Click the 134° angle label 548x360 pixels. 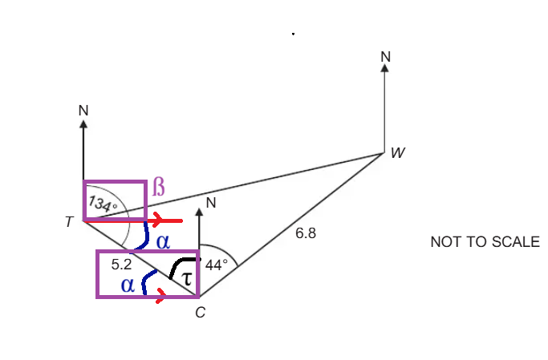click(103, 204)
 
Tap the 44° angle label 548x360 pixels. click(217, 265)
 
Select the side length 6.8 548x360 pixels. click(306, 233)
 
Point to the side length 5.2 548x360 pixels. click(121, 265)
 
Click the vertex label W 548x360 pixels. click(398, 153)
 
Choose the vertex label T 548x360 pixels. click(69, 222)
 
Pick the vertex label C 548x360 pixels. click(201, 313)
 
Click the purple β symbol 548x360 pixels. click(158, 187)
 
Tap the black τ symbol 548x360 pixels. click(187, 279)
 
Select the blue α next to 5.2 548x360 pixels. click(128, 285)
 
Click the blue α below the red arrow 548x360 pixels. click(163, 241)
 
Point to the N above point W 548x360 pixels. click(385, 57)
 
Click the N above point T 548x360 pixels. click(83, 111)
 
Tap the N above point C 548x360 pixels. click(211, 203)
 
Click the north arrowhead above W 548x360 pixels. click(385, 67)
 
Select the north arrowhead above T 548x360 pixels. click(83, 124)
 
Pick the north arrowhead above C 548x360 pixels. click(199, 212)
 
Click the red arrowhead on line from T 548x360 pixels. click(156, 220)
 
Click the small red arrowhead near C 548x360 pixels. click(160, 296)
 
